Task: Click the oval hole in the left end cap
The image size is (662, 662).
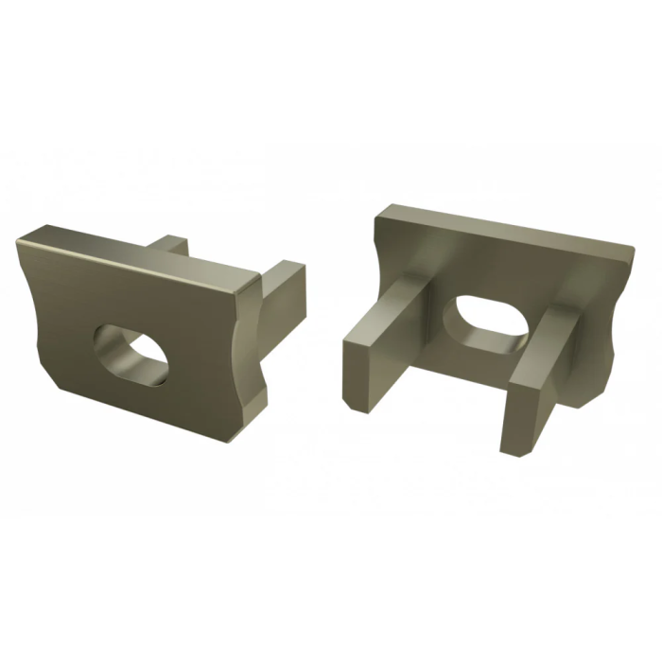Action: click(x=131, y=351)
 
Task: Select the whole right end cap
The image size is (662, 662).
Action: click(x=492, y=322)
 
